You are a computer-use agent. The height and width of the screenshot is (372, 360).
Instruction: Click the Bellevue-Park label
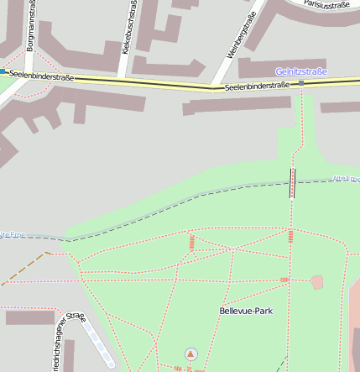coord(245,311)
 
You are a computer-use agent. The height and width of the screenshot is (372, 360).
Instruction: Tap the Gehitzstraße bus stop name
coord(300,72)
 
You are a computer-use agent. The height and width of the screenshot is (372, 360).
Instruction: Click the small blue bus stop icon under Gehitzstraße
coord(301,82)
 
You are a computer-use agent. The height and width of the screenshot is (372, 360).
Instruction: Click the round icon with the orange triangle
coord(190,354)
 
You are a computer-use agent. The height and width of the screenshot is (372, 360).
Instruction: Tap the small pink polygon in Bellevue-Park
coord(317,282)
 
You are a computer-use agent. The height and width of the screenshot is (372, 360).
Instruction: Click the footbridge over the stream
coord(292,182)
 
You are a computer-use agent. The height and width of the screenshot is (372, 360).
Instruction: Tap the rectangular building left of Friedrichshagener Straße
coord(29,317)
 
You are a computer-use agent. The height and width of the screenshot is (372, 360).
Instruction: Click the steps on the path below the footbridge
coord(290,233)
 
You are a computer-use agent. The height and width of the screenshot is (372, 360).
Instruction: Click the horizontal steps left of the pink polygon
coord(284,280)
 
